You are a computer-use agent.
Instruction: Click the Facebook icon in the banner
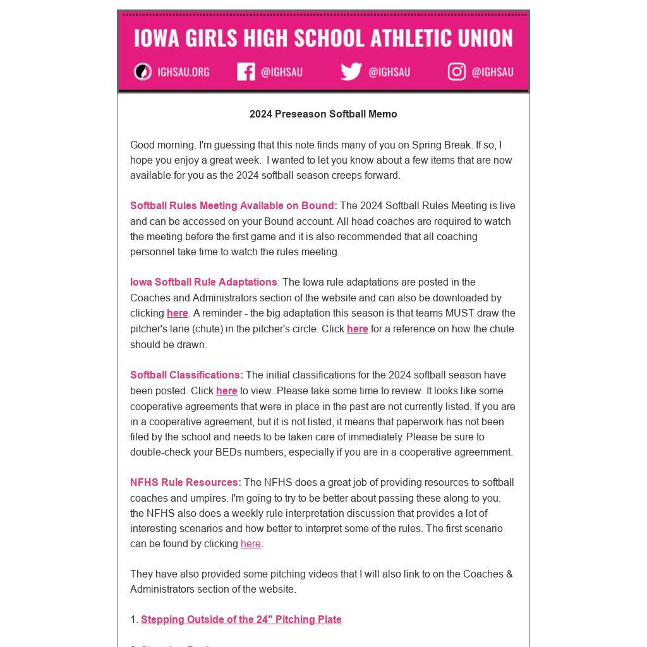(246, 72)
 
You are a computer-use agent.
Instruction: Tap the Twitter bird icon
(351, 71)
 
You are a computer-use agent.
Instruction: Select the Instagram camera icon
(457, 71)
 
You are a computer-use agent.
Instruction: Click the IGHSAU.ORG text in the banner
(183, 72)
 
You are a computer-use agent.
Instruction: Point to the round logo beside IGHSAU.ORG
(143, 72)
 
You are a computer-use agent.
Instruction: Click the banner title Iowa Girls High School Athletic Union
(323, 38)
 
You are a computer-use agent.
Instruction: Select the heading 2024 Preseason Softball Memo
(323, 114)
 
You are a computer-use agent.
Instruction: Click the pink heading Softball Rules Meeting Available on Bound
(233, 206)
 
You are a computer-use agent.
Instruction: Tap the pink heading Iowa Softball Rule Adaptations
(203, 282)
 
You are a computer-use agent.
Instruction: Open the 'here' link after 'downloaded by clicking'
(178, 313)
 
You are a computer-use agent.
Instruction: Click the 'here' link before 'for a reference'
(357, 329)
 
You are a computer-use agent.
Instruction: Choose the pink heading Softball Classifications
(186, 375)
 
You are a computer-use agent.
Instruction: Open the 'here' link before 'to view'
(227, 391)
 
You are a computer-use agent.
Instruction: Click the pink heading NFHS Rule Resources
(185, 483)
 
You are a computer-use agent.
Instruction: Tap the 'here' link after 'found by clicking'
(251, 544)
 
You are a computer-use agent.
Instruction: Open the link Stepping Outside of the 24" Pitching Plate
(241, 620)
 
